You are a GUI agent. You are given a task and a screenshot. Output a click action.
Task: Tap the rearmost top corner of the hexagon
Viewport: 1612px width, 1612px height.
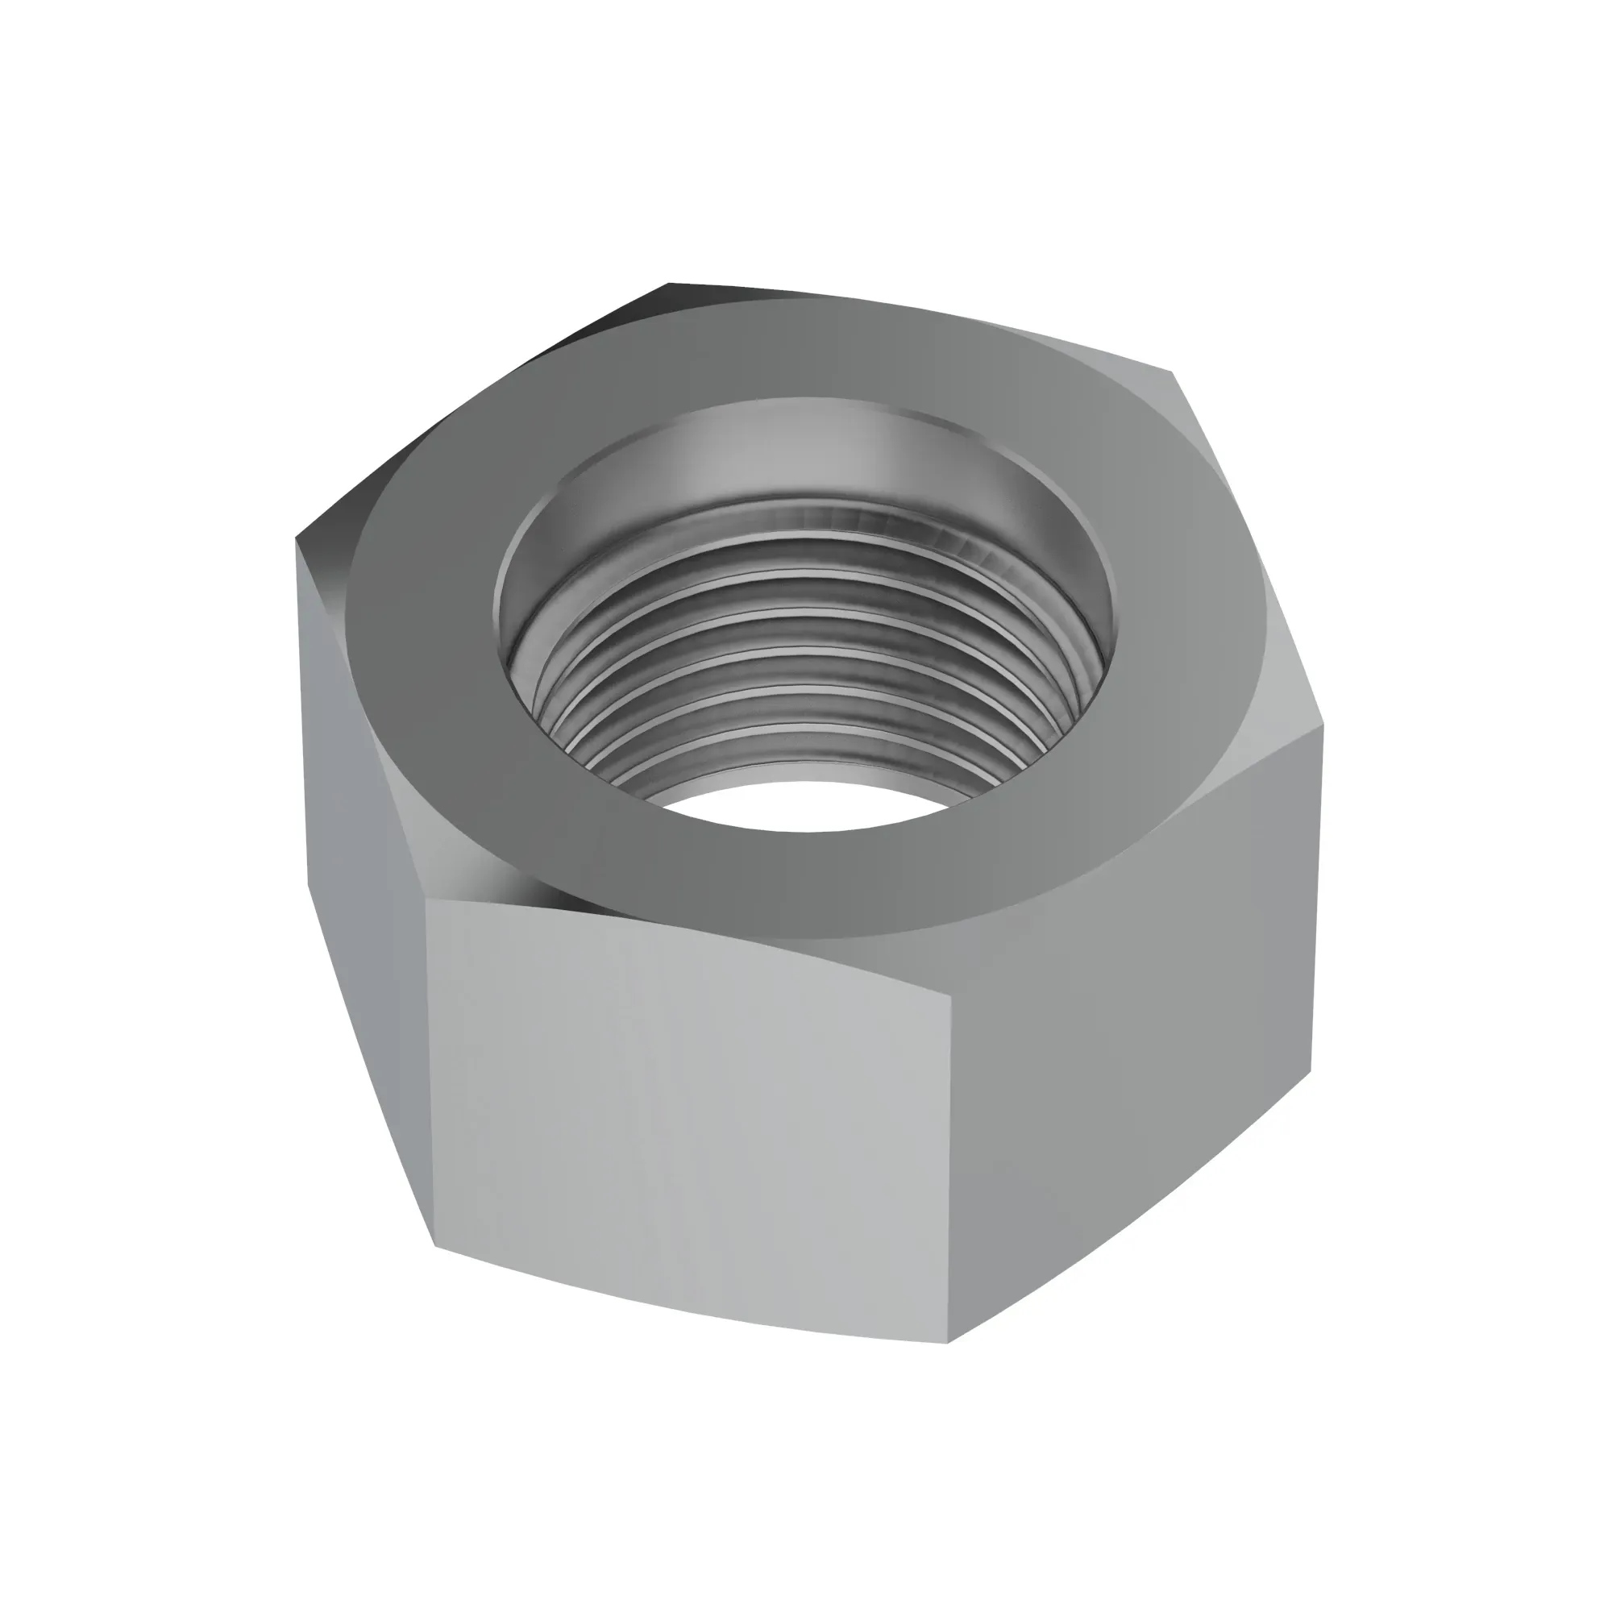pos(670,284)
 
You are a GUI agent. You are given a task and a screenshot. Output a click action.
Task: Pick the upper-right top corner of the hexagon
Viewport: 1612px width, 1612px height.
pos(1172,372)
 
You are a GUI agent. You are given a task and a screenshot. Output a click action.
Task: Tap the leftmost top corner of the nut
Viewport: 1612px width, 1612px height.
pos(297,541)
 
